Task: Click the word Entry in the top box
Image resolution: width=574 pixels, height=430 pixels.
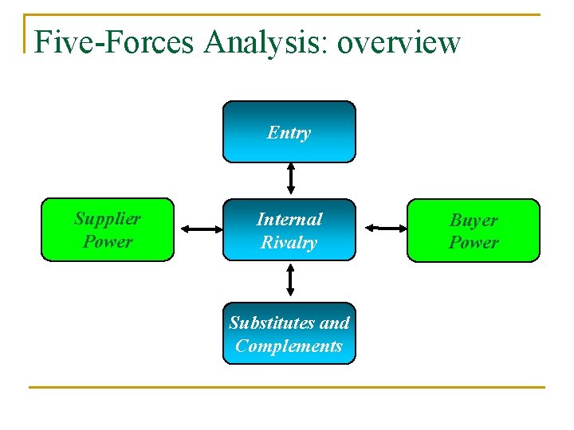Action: [x=289, y=132]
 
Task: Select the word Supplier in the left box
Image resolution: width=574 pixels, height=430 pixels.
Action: [x=108, y=218]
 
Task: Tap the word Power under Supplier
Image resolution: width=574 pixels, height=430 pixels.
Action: [x=108, y=240]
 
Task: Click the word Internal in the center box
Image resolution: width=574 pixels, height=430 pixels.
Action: [x=289, y=219]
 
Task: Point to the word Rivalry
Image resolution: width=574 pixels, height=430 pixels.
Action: [x=289, y=242]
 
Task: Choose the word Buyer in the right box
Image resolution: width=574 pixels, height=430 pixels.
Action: [x=474, y=220]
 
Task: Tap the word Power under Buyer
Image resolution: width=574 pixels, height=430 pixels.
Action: [x=474, y=242]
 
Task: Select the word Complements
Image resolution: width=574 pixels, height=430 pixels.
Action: [x=289, y=346]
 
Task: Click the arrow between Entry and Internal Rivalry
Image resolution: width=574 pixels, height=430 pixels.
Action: [x=291, y=178]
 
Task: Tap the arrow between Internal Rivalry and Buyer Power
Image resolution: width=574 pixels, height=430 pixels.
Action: [x=386, y=229]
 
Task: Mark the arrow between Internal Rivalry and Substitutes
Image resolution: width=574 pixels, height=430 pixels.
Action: [x=290, y=279]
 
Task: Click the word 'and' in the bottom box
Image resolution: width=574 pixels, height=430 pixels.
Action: [x=334, y=322]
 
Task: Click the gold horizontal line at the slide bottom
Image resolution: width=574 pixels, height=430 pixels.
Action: [x=287, y=388]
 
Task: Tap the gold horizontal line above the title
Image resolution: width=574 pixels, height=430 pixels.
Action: [x=287, y=14]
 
